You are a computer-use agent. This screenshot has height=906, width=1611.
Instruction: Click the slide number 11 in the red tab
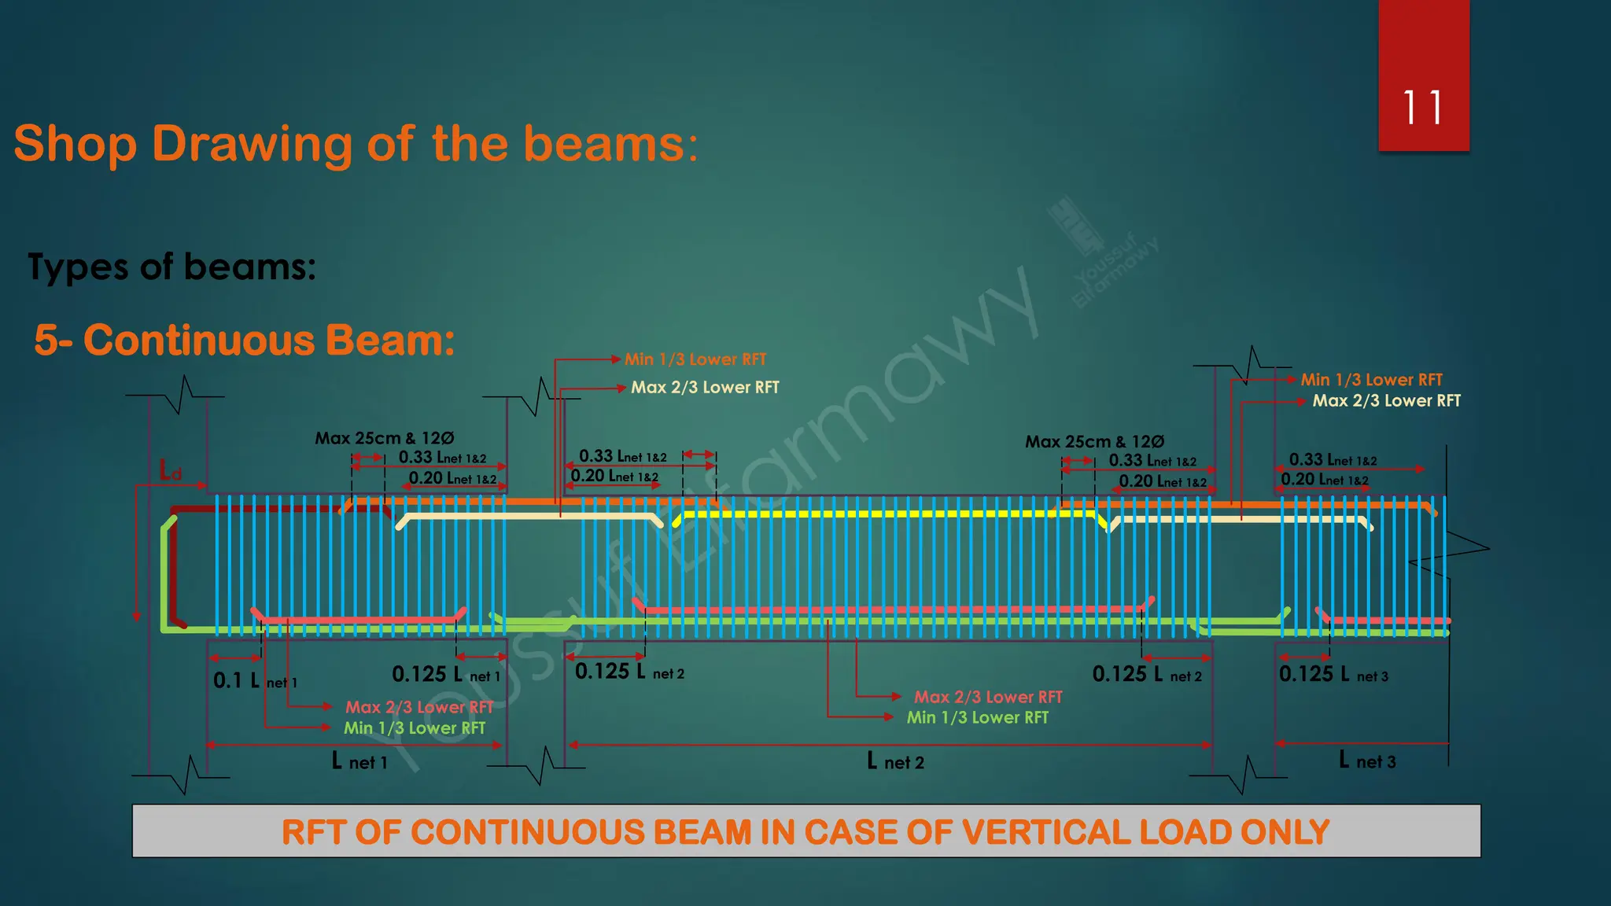1422,108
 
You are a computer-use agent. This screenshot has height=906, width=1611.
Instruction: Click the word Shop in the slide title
76,144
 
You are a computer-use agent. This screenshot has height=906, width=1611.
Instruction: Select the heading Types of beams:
171,267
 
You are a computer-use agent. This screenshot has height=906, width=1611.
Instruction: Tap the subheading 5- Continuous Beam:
245,341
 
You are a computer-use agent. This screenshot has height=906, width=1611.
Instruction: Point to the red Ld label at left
171,471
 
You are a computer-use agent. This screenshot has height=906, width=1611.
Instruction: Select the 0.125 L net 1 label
445,675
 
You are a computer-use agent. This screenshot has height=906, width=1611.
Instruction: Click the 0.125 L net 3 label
1333,675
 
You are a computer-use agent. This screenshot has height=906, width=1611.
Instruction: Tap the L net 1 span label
359,761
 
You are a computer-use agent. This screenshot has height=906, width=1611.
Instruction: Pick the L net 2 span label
895,761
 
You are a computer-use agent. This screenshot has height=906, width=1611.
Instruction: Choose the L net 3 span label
1367,761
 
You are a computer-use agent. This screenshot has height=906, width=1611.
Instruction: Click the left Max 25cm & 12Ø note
384,438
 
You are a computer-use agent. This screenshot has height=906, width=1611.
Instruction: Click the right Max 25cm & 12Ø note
1094,442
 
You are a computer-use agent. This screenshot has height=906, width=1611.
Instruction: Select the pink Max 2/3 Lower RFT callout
419,707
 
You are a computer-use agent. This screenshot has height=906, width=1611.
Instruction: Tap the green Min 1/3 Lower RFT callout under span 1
414,728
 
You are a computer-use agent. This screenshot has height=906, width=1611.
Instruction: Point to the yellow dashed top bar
881,514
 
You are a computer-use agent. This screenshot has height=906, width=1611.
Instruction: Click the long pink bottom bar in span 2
889,610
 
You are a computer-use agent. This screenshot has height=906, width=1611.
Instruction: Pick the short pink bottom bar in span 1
358,620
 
